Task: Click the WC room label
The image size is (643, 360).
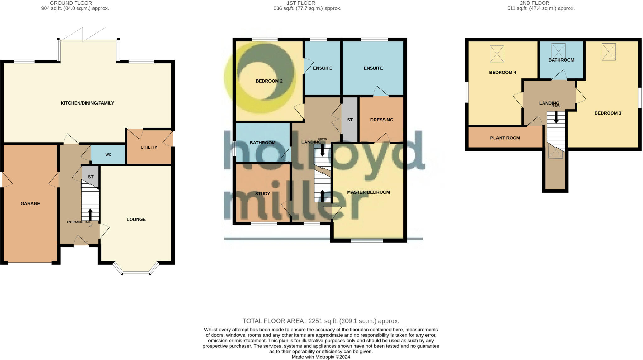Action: pos(108,155)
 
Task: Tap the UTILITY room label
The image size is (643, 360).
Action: pos(149,147)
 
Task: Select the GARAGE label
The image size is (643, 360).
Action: pos(30,203)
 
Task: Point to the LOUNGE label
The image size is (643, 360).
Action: pos(136,219)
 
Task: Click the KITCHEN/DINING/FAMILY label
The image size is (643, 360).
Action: pos(87,103)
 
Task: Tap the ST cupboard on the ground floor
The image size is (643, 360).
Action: pos(90,177)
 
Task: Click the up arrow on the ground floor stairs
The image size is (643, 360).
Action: pos(90,214)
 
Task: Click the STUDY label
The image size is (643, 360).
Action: pos(262,194)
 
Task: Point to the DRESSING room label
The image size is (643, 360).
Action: pos(381,120)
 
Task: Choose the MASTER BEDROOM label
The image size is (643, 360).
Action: pos(368,192)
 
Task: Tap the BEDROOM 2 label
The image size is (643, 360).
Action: pos(269,81)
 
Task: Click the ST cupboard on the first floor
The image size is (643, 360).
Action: pos(350,120)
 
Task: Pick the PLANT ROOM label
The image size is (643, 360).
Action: pos(505,138)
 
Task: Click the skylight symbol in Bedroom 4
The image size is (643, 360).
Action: pos(497,54)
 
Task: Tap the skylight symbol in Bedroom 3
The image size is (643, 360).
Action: pos(608,52)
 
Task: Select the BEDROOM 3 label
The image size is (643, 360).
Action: pos(608,113)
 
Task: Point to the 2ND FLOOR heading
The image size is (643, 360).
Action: pos(534,3)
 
